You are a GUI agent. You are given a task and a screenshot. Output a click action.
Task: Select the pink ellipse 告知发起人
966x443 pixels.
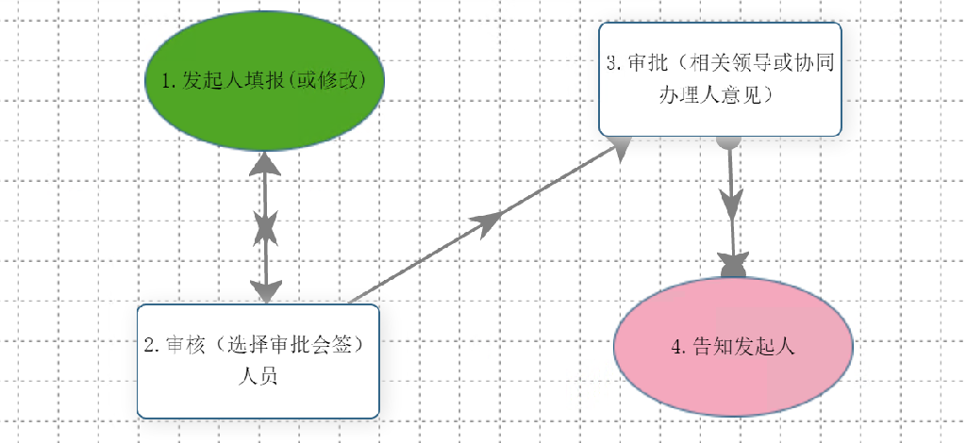coord(734,344)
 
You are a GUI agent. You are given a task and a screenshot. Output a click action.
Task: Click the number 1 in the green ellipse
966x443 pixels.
coord(166,81)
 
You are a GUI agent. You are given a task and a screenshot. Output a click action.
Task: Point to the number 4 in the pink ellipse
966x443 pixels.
coord(676,346)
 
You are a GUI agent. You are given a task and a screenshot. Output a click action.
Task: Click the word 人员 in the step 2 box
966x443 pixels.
coord(258,375)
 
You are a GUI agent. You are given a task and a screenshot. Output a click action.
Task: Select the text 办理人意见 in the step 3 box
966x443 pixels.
coord(719,95)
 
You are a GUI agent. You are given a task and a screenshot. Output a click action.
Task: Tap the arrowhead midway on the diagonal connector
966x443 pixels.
coord(488,222)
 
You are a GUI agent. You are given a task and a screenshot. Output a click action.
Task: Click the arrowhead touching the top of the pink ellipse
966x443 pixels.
coord(734,265)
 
